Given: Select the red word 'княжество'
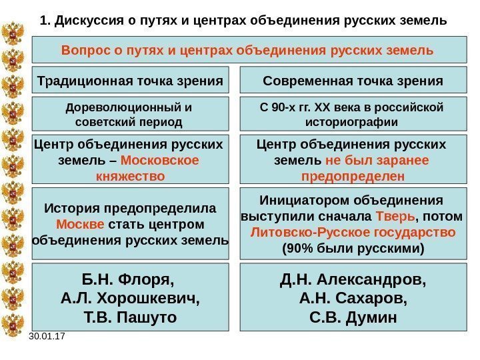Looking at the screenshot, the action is point(131,177).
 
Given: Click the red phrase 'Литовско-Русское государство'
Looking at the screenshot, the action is point(353,233).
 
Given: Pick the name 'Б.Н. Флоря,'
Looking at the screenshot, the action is point(130,279).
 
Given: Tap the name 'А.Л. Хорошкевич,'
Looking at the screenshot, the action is point(130,297).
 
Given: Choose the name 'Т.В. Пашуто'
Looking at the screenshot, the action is point(130,317).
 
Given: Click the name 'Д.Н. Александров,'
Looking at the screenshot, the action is point(353,277).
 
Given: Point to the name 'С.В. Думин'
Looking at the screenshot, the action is point(353,315).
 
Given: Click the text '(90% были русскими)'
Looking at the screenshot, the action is point(353,249).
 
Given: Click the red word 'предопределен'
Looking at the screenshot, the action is point(353,177).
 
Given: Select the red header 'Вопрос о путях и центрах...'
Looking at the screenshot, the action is point(247,51).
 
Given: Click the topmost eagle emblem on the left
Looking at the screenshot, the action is point(13,35).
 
